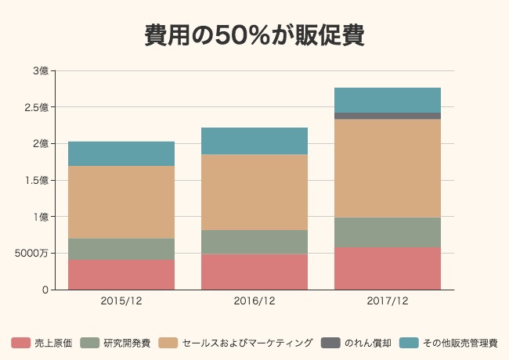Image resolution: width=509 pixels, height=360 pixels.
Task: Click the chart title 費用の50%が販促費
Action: tap(254, 36)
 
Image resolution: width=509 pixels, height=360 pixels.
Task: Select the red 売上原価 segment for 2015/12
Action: tap(121, 275)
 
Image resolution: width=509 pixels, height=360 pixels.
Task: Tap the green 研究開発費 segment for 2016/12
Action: tap(254, 242)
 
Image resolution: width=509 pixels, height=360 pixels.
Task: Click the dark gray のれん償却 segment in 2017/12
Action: tap(388, 116)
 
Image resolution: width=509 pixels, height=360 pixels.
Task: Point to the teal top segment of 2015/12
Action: tap(121, 153)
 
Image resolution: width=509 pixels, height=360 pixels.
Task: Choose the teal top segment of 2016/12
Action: tap(254, 141)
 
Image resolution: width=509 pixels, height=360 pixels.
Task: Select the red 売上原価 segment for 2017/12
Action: tap(388, 268)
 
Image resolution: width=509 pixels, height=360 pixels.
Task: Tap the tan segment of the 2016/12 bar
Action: tap(254, 192)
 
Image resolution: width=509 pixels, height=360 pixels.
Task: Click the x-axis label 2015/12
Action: tap(121, 301)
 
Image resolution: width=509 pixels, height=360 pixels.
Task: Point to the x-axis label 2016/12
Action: tap(254, 301)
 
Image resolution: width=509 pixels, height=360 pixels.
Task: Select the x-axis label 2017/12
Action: tap(388, 301)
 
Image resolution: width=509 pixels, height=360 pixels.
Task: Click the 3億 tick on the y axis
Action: tap(41, 70)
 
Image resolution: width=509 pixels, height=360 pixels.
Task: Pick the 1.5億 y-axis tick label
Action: tap(36, 180)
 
